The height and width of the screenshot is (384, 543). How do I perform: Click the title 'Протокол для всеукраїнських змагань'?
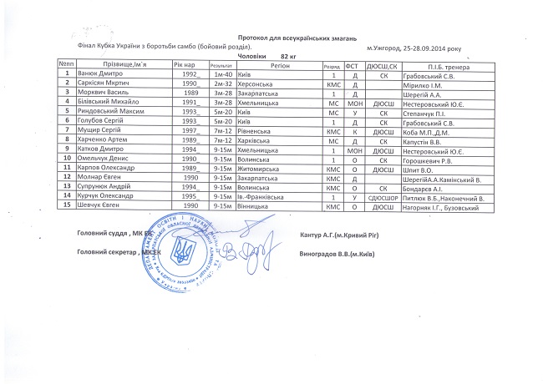click(297, 38)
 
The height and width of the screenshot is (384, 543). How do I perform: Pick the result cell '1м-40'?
click(222, 74)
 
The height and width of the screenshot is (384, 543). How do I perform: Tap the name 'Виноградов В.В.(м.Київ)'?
click(336, 252)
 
